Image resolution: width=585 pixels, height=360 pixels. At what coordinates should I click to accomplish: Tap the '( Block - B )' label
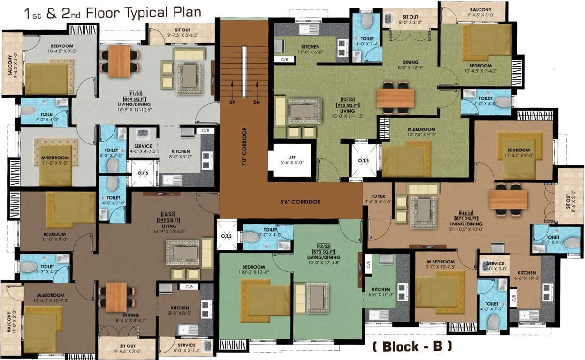(x=412, y=346)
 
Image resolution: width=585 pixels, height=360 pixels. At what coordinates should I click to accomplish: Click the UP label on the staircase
(x=231, y=102)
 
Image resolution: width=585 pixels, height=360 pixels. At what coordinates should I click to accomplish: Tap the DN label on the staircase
(x=257, y=102)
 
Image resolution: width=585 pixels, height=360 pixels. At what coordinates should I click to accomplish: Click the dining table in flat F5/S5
(x=395, y=98)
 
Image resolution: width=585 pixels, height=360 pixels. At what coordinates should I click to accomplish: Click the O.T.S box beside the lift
(x=364, y=160)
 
